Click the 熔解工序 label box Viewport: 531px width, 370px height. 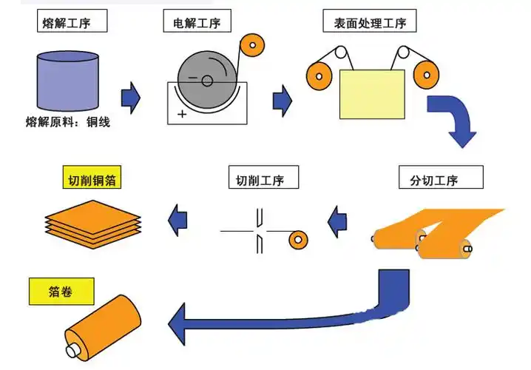(72, 21)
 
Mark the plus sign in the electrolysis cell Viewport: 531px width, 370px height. (182, 113)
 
